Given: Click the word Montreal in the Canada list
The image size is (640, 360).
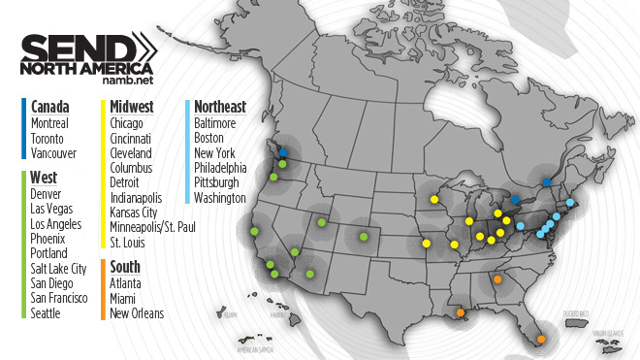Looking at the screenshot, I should click(x=50, y=123).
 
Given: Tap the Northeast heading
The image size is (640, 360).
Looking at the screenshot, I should click(x=219, y=107).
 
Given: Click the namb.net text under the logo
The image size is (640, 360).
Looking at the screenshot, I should click(x=128, y=85).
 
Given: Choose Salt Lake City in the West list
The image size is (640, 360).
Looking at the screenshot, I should click(x=59, y=268).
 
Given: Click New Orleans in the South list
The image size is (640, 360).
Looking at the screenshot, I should click(x=137, y=312).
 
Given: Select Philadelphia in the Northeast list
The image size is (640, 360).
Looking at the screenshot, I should click(x=222, y=168).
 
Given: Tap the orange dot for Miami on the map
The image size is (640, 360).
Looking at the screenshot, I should click(x=541, y=340).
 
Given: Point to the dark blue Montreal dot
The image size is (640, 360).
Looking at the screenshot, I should click(x=547, y=182).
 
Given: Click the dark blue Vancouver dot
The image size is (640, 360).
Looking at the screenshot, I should click(x=283, y=152).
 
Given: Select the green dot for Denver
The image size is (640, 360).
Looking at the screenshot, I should click(x=364, y=234).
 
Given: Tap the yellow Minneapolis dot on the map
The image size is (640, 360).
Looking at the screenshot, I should click(x=434, y=200).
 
